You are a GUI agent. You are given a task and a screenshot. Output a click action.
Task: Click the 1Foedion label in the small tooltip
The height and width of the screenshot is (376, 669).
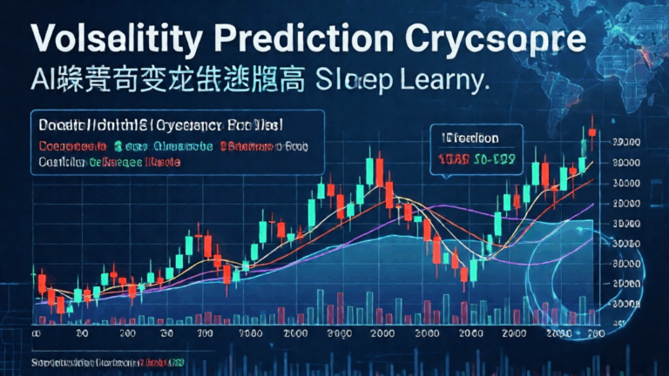[471, 138]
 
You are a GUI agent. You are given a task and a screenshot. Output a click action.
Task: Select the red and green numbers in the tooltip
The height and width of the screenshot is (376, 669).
[471, 159]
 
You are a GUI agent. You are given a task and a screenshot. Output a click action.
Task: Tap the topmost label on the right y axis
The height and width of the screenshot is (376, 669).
[628, 141]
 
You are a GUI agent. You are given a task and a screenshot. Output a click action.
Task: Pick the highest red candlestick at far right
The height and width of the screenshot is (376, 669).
[592, 131]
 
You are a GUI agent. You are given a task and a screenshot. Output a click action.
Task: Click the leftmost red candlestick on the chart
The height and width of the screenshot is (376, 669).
[41, 282]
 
